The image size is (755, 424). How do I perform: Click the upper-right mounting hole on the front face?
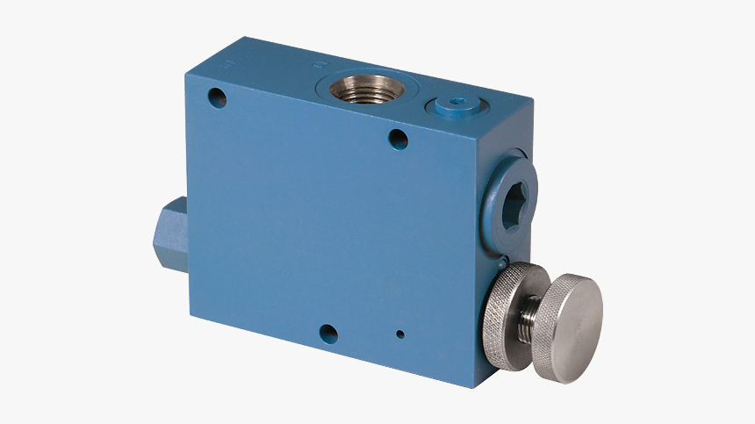tap(398, 138)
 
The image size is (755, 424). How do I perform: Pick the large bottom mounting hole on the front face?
tap(328, 334)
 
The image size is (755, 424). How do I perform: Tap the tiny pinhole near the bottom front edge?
tap(400, 334)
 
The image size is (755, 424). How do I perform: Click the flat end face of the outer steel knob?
tap(573, 327)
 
